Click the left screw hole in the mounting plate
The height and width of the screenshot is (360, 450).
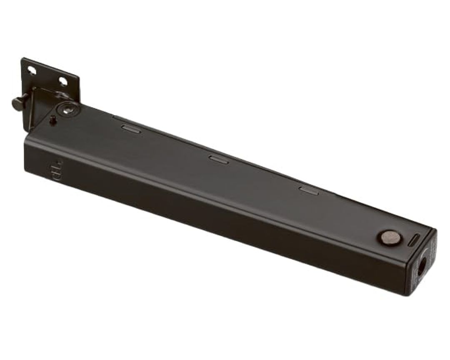pyautogui.click(x=32, y=71)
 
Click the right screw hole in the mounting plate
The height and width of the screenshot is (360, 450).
pyautogui.click(x=63, y=82)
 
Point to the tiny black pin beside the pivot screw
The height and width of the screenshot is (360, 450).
pyautogui.click(x=53, y=121)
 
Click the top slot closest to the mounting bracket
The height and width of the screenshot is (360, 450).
pyautogui.click(x=131, y=129)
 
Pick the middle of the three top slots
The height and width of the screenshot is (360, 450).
pyautogui.click(x=218, y=159)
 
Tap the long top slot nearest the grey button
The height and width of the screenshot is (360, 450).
pyautogui.click(x=308, y=190)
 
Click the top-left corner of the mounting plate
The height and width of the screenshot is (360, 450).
pyautogui.click(x=23, y=59)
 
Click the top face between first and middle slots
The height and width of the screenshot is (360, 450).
pyautogui.click(x=175, y=144)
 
